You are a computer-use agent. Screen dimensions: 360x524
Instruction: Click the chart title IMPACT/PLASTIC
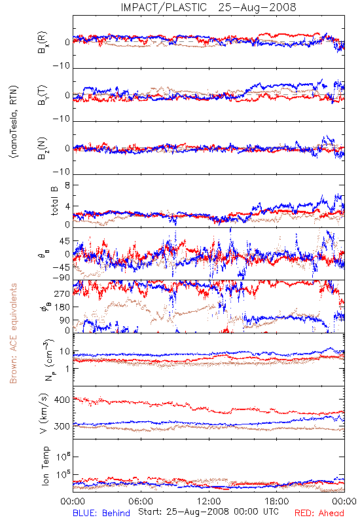tap(164, 7)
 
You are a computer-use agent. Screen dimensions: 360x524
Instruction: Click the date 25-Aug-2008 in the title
tap(257, 7)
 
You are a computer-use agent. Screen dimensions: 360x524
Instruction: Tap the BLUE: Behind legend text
tap(101, 513)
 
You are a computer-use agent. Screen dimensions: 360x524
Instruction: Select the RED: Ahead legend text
tap(319, 513)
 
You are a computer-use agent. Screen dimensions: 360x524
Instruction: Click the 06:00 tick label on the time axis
tap(141, 501)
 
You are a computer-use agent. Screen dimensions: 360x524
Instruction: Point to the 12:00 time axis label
tap(209, 501)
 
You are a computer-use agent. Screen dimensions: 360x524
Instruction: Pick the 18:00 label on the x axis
tap(277, 501)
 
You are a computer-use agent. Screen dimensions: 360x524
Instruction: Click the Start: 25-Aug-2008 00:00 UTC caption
tap(208, 512)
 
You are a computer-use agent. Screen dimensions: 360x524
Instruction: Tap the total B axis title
tap(54, 201)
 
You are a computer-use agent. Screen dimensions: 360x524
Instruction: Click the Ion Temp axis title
tap(45, 466)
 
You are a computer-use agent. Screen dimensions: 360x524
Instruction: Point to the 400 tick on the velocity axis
tap(62, 400)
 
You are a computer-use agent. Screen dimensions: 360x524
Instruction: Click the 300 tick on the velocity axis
tap(62, 426)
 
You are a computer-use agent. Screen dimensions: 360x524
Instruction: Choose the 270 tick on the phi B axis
tap(62, 293)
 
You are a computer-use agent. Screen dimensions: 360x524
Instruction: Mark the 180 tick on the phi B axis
tap(62, 307)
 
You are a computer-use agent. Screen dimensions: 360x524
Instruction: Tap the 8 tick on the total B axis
tap(67, 185)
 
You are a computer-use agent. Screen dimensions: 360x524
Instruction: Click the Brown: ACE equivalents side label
tap(13, 333)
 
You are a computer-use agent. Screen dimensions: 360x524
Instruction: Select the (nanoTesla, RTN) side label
tap(14, 122)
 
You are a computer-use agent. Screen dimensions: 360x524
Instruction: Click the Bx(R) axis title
tap(43, 43)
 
